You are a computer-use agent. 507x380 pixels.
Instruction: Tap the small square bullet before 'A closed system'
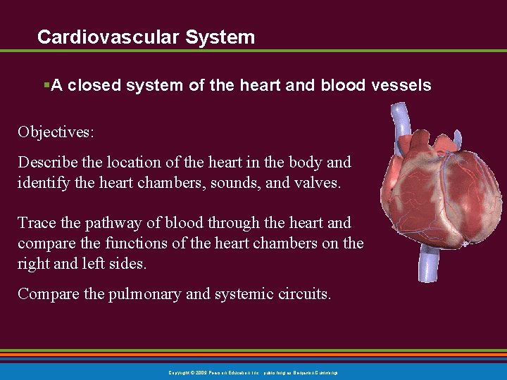pyautogui.click(x=46, y=85)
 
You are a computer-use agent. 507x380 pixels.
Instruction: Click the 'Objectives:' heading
pyautogui.click(x=56, y=132)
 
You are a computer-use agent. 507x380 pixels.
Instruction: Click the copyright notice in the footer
pyautogui.click(x=253, y=372)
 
